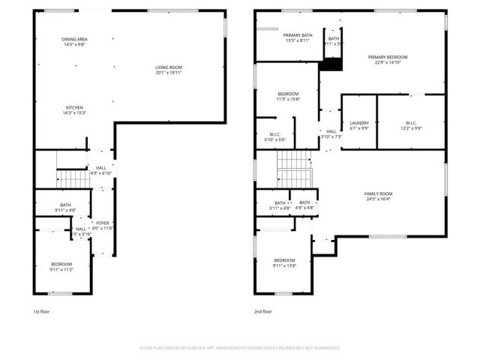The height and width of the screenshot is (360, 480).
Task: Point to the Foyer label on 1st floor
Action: click(102, 223)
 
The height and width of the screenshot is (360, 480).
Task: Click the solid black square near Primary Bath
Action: click(331, 65)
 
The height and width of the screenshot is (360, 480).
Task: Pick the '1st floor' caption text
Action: click(42, 311)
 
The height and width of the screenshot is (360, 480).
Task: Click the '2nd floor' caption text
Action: click(262, 311)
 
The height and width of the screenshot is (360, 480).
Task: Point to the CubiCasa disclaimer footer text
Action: click(240, 348)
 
